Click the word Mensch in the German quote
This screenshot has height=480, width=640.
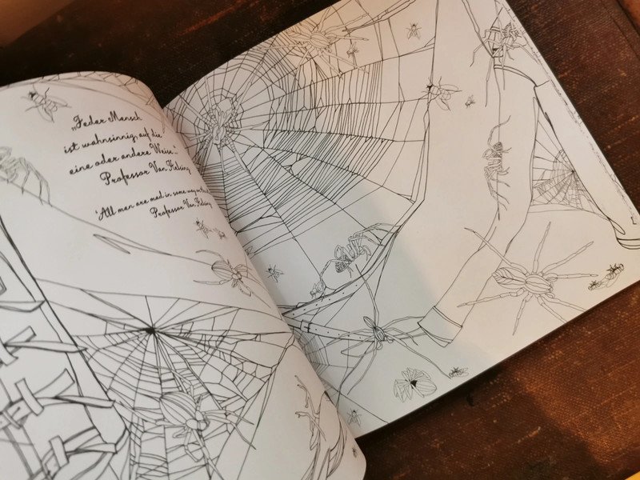click(120, 128)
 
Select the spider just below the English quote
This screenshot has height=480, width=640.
click(228, 271)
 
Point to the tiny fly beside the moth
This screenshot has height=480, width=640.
click(457, 371)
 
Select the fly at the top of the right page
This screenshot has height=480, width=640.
click(414, 31)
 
